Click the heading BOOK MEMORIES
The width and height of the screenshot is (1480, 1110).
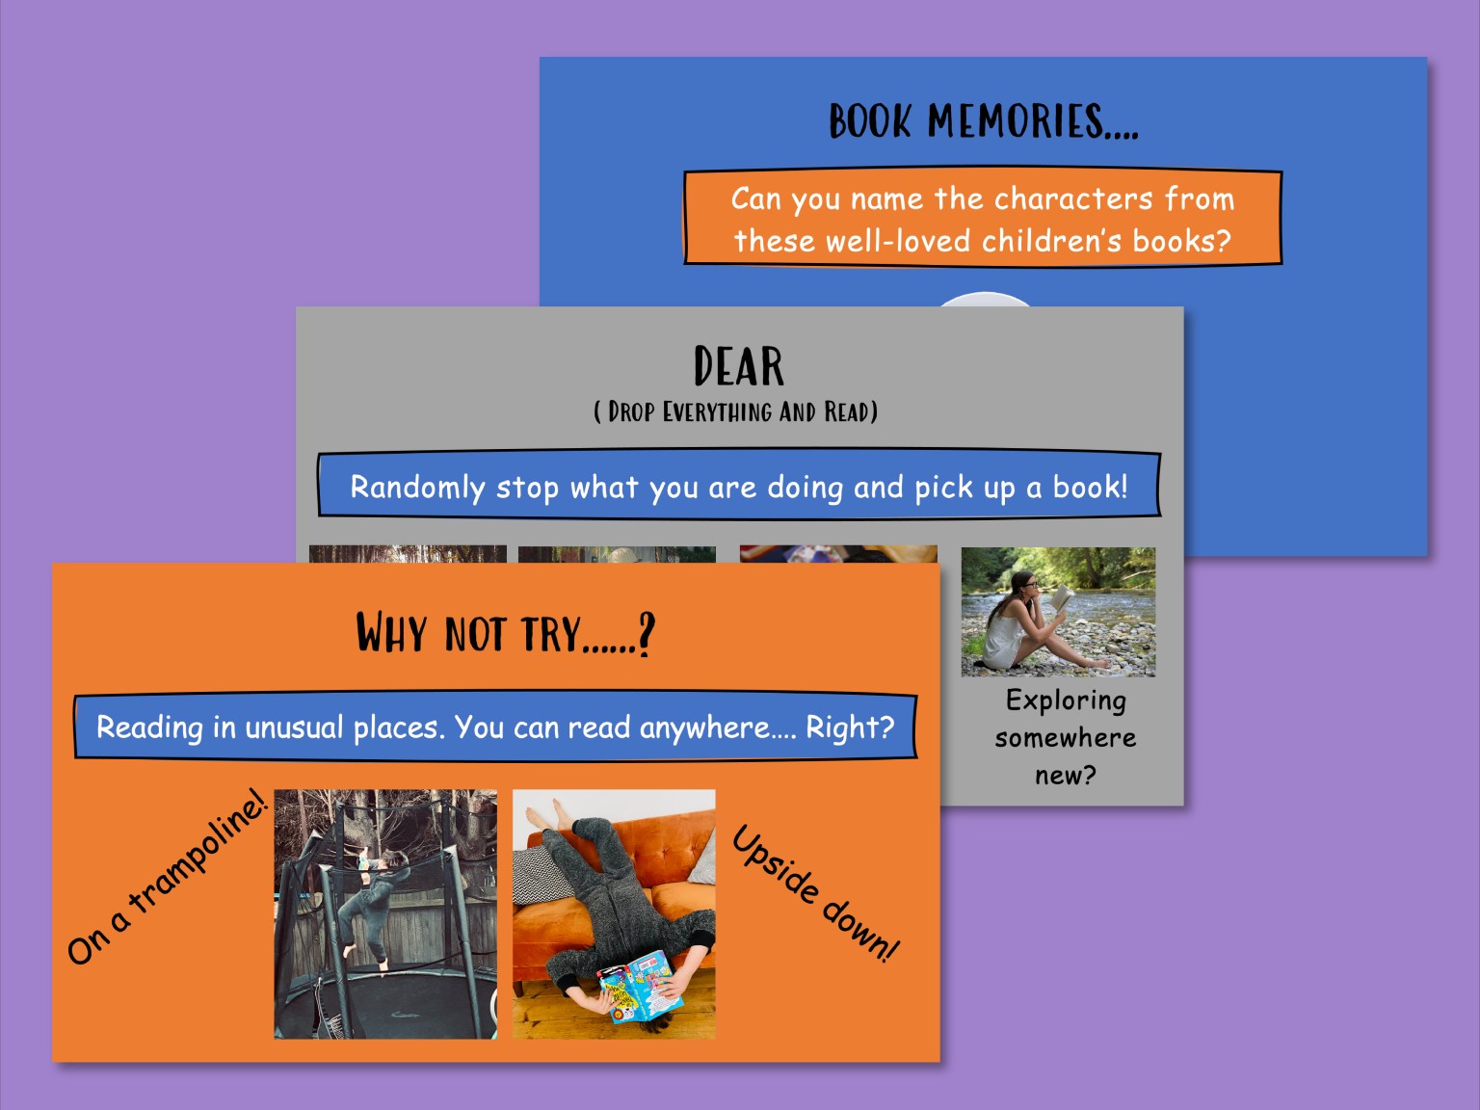[x=983, y=122]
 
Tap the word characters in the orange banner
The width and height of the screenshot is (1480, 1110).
[x=1072, y=198]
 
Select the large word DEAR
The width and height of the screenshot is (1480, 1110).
[x=738, y=367]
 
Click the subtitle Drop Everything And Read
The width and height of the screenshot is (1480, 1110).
[x=736, y=412]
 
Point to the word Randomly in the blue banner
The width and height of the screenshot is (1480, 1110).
[x=416, y=488]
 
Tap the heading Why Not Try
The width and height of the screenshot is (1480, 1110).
[x=505, y=634]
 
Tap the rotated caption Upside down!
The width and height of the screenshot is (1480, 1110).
[x=815, y=892]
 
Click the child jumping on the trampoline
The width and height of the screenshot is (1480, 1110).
[x=370, y=906]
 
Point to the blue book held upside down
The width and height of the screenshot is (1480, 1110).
[x=638, y=986]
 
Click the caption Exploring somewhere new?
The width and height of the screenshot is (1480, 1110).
[x=1065, y=737]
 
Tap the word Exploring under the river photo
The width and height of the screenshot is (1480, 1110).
[x=1065, y=700]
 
